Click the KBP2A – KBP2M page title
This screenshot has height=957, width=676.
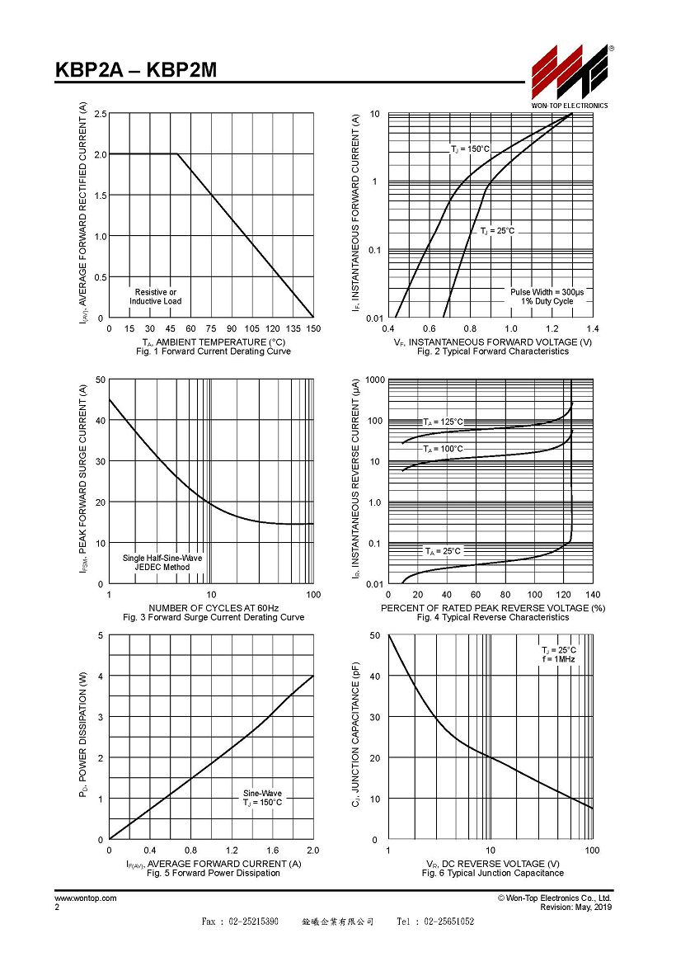click(x=136, y=70)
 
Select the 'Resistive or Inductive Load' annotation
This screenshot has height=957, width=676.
click(x=155, y=297)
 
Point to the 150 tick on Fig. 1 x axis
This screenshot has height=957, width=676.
click(x=313, y=328)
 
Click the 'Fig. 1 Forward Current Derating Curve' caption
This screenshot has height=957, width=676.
click(x=214, y=351)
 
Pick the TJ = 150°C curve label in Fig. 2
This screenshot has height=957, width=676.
click(x=470, y=149)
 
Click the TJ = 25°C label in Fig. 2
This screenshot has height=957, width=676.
click(x=497, y=231)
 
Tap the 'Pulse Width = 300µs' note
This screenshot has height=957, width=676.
click(x=547, y=292)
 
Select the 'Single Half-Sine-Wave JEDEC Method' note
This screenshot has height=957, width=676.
click(x=162, y=563)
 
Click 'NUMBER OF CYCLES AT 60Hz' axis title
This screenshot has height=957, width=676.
click(x=214, y=608)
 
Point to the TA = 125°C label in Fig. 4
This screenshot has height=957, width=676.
click(x=444, y=422)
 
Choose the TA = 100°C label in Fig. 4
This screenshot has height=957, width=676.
click(x=444, y=449)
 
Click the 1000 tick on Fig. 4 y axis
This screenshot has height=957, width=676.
click(x=375, y=379)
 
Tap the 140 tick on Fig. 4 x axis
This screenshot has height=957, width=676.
click(x=593, y=595)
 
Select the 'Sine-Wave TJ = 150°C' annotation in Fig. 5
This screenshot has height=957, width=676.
click(x=262, y=798)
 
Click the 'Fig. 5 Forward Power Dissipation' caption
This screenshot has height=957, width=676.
click(x=214, y=874)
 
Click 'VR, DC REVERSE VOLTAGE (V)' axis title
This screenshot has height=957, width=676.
click(x=493, y=864)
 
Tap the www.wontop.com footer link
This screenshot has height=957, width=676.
click(x=86, y=898)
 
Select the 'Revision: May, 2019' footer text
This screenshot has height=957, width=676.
click(x=576, y=907)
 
